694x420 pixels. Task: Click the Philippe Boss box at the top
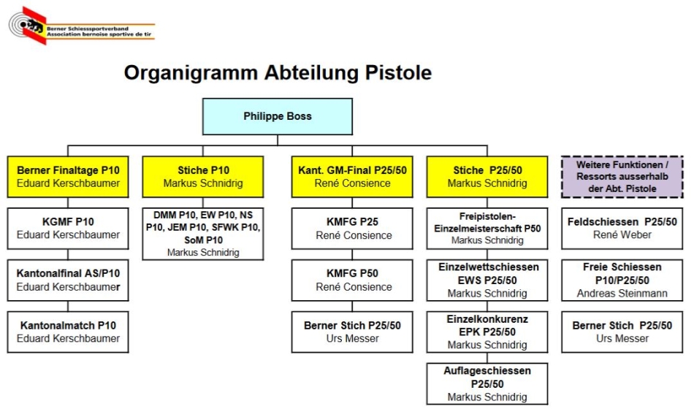[x=278, y=116]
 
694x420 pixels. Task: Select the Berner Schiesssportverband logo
[x=82, y=26]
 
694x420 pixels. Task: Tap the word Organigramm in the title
[x=191, y=72]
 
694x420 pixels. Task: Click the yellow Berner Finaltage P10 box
[x=68, y=177]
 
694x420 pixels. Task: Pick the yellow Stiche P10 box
[x=203, y=177]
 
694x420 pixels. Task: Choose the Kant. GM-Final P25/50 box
[x=352, y=177]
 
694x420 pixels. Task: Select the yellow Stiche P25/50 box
[x=487, y=177]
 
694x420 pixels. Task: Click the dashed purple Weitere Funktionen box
[x=622, y=177]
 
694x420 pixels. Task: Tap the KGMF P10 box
[x=68, y=229]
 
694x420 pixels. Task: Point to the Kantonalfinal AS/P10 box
[x=68, y=280]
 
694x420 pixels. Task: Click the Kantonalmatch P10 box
[x=68, y=332]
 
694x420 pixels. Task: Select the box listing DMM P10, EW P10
[x=203, y=234]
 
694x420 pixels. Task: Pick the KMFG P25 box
[x=352, y=229]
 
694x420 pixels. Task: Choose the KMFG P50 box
[x=352, y=280]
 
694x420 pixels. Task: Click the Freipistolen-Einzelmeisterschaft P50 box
[x=487, y=229]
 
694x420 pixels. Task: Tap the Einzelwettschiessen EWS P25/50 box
[x=487, y=280]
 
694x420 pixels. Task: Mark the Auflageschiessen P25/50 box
[x=487, y=383]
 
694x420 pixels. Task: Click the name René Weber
[x=622, y=235]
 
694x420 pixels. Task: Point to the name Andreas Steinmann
[x=622, y=294]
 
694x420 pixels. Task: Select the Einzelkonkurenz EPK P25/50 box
[x=487, y=332]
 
